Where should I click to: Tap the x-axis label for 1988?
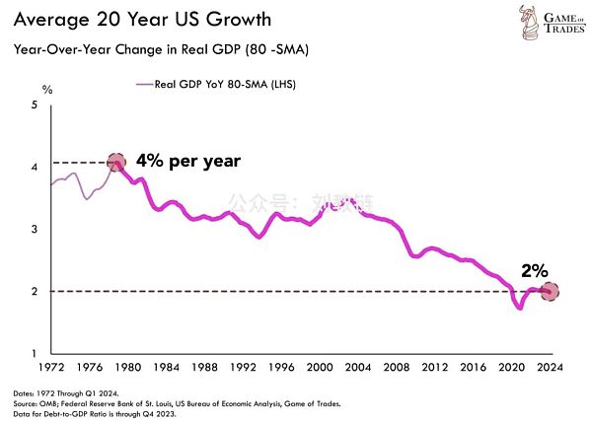(x=204, y=366)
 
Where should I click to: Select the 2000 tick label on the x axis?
(x=320, y=366)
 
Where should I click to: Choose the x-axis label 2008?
(x=397, y=366)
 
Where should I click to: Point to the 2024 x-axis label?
(x=551, y=366)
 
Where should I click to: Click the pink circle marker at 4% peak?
(x=115, y=162)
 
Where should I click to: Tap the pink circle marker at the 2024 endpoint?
(x=550, y=291)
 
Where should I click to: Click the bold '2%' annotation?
(x=534, y=268)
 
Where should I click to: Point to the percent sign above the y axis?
(x=45, y=90)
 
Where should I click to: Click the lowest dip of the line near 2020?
(x=519, y=308)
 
